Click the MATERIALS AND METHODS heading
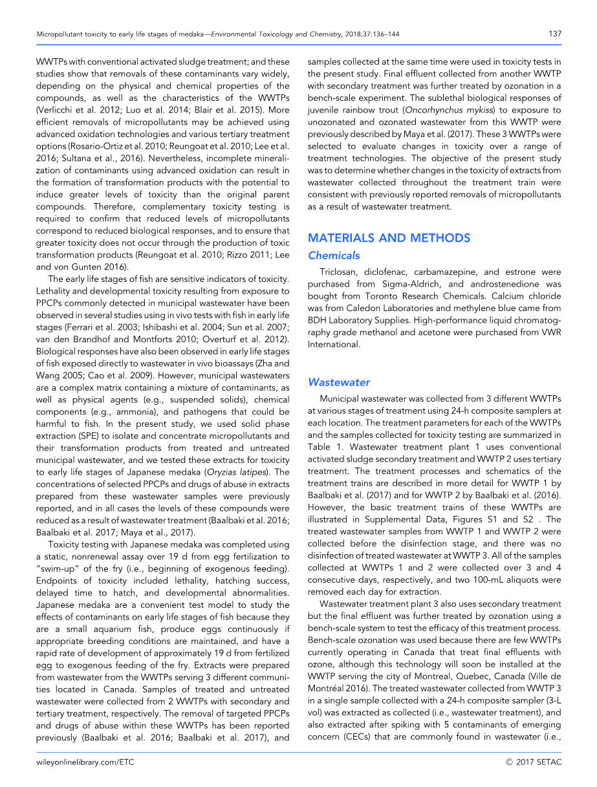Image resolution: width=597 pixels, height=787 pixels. (389, 238)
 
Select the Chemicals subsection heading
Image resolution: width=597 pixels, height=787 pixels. (334, 255)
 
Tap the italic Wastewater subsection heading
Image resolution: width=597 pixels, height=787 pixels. (339, 382)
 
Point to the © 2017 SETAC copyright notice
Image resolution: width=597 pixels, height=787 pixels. (534, 762)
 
